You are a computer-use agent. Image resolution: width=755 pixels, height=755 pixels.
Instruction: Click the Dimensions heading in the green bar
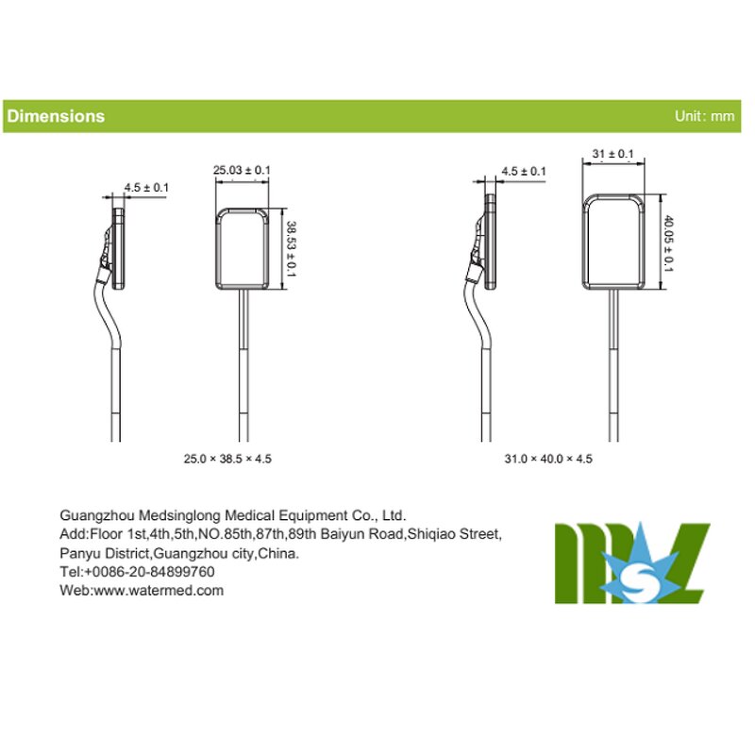[x=56, y=116]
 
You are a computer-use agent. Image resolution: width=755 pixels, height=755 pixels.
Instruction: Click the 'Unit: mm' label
[x=704, y=116]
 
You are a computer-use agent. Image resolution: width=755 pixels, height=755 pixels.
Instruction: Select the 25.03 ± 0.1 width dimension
[x=242, y=170]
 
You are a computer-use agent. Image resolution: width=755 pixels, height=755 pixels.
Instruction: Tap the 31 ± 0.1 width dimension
[x=612, y=153]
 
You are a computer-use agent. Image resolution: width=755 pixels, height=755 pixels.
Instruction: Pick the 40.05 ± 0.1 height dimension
[x=668, y=243]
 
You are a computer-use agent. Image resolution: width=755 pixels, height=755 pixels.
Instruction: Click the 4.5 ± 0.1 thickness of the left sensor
[x=146, y=188]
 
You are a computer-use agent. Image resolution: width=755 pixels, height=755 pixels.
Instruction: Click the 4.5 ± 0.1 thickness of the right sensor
[x=523, y=171]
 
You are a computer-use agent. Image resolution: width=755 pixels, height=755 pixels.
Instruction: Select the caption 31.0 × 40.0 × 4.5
[x=548, y=459]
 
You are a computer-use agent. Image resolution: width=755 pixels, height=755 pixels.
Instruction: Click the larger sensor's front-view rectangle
[x=613, y=243]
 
